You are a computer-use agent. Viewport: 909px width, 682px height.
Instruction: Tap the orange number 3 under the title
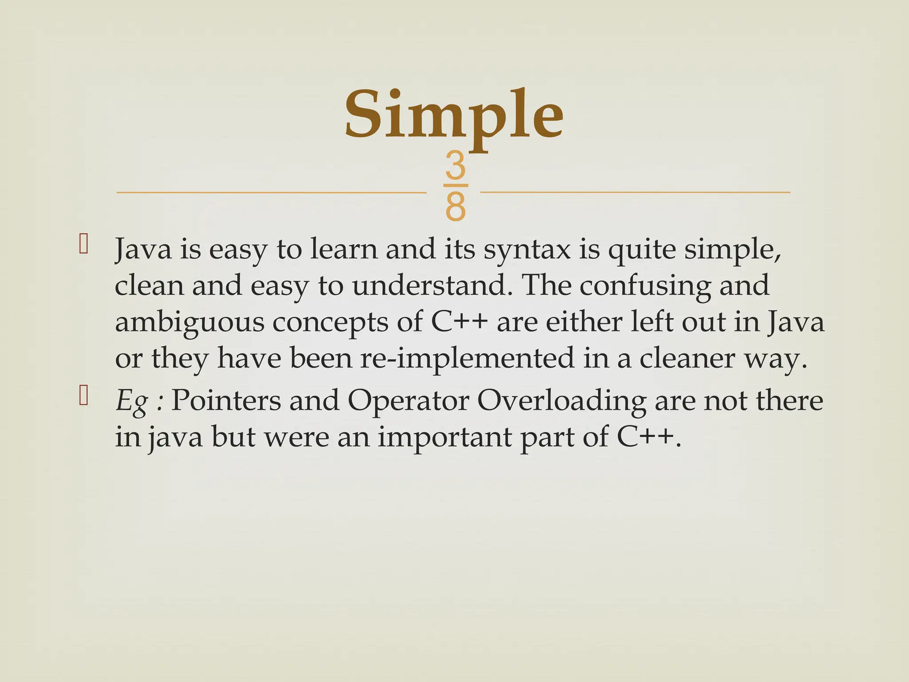(x=455, y=165)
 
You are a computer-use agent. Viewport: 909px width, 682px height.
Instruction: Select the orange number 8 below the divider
(x=455, y=207)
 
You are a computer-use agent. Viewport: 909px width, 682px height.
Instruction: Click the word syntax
(x=527, y=250)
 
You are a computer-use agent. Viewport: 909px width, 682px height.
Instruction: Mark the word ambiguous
(x=190, y=323)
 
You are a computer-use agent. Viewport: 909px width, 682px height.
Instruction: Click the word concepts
(x=330, y=323)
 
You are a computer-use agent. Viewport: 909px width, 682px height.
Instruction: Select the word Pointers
(x=226, y=401)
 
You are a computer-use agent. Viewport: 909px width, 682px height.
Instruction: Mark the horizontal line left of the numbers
(x=271, y=193)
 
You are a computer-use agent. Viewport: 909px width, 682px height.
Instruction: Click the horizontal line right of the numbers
(x=635, y=192)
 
